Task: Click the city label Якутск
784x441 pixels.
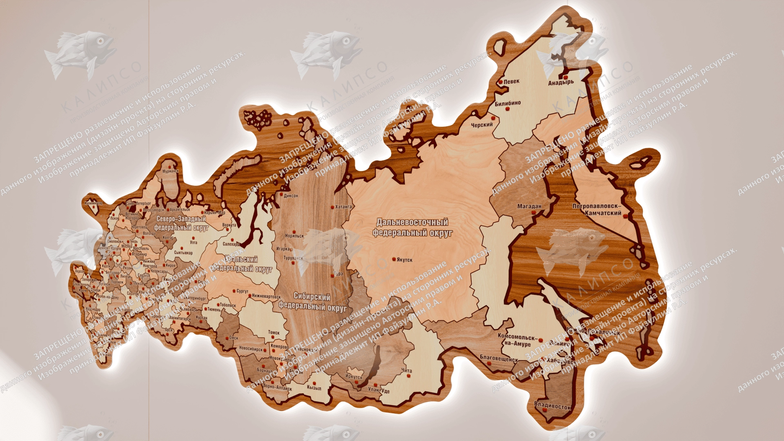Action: pyautogui.click(x=405, y=260)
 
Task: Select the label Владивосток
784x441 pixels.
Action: pyautogui.click(x=552, y=407)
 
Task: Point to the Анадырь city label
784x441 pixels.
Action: pyautogui.click(x=561, y=82)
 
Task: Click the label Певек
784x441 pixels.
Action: pyautogui.click(x=511, y=81)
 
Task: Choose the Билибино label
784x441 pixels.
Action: pyautogui.click(x=508, y=103)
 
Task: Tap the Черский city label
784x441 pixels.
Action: pyautogui.click(x=482, y=125)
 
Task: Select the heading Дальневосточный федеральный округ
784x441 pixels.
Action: pyautogui.click(x=412, y=227)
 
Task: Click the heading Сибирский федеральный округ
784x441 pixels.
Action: pyautogui.click(x=312, y=302)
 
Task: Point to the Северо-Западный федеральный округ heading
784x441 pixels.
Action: pyautogui.click(x=181, y=223)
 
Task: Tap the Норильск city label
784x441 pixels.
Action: pyautogui.click(x=294, y=236)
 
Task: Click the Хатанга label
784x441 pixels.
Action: pyautogui.click(x=343, y=207)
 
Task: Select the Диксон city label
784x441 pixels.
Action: pyautogui.click(x=291, y=196)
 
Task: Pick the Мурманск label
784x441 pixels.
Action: pyautogui.click(x=170, y=171)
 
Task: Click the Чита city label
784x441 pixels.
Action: pyautogui.click(x=406, y=370)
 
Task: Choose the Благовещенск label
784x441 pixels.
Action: pyautogui.click(x=499, y=359)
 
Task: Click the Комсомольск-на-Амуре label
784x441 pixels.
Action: pyautogui.click(x=516, y=341)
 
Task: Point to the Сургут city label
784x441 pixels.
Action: pyautogui.click(x=242, y=292)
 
